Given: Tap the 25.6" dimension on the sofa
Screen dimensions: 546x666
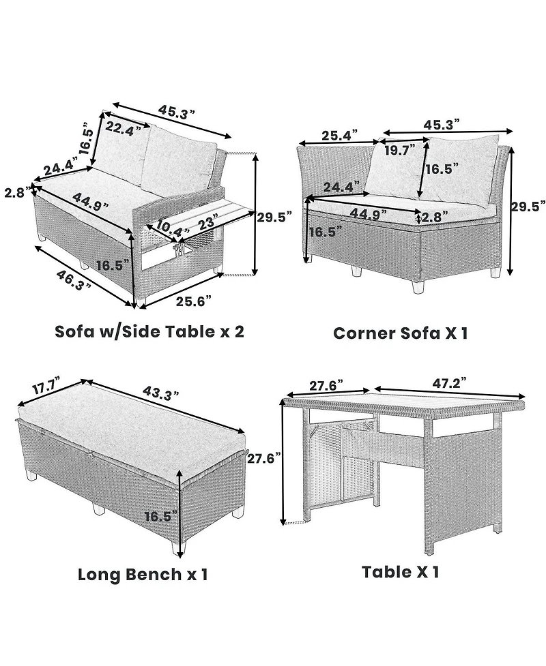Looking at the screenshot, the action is click(194, 301).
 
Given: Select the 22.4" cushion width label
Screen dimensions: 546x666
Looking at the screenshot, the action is click(124, 128).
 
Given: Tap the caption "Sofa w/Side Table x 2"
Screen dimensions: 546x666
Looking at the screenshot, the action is click(149, 331).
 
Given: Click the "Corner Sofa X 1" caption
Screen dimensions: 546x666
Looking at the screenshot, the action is click(401, 333).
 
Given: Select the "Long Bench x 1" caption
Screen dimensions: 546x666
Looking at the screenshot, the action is click(143, 574).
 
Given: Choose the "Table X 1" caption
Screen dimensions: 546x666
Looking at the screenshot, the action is click(400, 572).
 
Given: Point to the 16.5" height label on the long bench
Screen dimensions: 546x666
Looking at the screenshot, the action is click(160, 517).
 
